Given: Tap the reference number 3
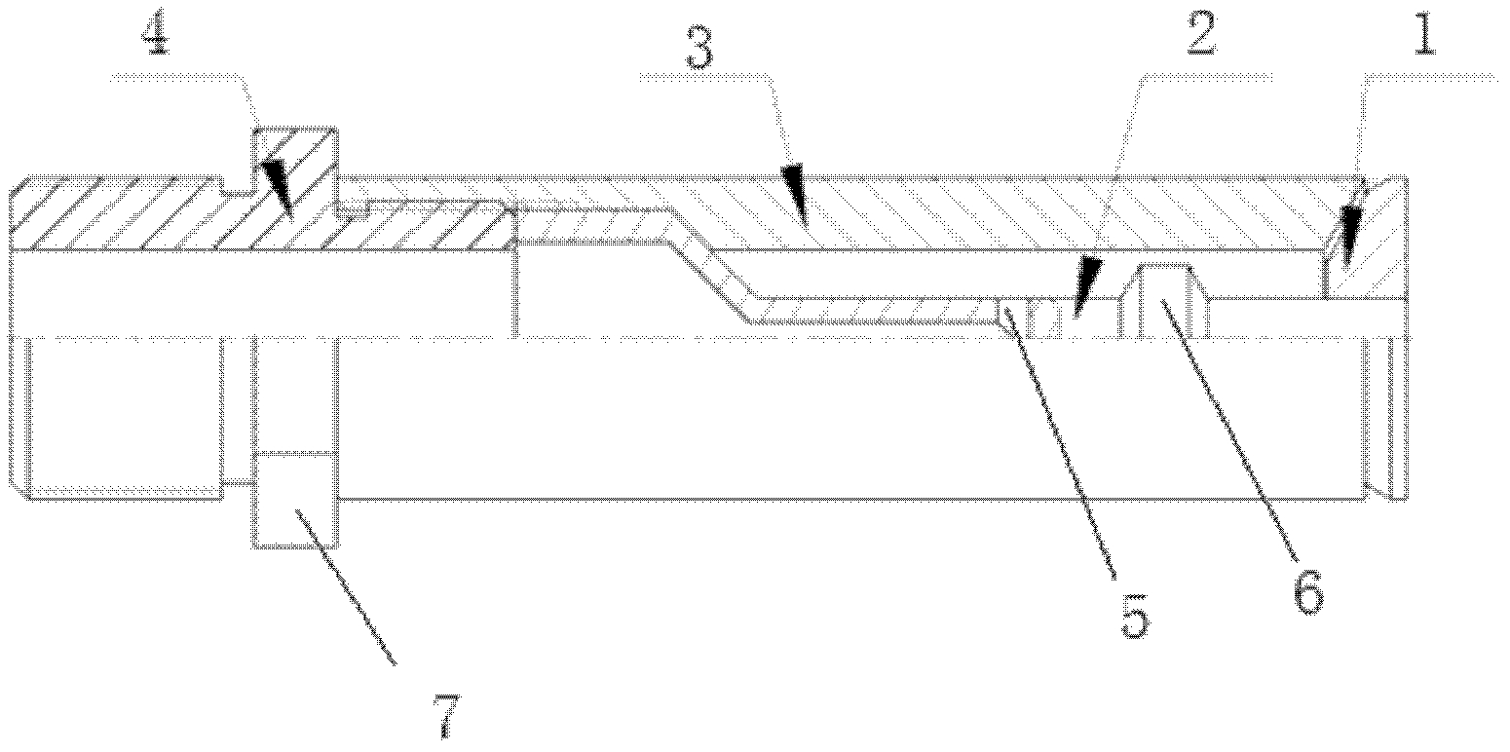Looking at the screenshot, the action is click(699, 50).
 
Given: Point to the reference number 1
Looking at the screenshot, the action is click(1425, 34).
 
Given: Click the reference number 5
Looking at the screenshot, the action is click(1135, 616).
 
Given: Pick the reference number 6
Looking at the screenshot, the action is click(1308, 591).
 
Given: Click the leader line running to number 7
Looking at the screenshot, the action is click(346, 588).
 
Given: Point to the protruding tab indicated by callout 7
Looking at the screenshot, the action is click(294, 500).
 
